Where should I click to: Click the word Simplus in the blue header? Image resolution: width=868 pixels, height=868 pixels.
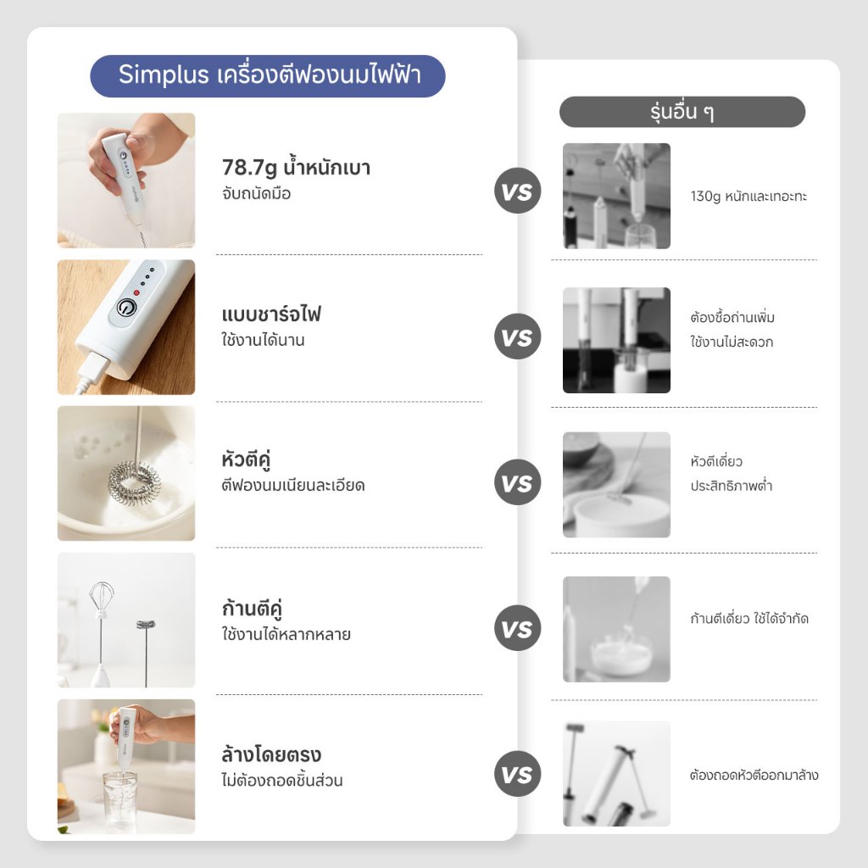(x=164, y=75)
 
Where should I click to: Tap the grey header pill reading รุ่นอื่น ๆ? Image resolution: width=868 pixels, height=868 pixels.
(x=682, y=112)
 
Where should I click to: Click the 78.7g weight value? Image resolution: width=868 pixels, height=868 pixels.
(x=249, y=167)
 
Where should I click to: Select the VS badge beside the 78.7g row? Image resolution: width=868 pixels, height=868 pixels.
(x=517, y=191)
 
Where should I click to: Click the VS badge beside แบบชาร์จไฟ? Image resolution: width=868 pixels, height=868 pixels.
(x=517, y=337)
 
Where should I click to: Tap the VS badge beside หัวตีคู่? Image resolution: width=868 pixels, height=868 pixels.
(x=517, y=482)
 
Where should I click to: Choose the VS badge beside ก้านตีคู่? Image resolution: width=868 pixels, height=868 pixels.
(x=517, y=628)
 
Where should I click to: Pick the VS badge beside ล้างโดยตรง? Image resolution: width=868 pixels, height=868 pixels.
(x=517, y=774)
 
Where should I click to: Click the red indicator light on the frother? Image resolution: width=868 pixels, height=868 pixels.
(x=136, y=292)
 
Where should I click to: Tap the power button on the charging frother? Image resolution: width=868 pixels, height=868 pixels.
(x=126, y=308)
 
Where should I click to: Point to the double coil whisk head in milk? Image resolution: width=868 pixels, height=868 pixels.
(x=135, y=479)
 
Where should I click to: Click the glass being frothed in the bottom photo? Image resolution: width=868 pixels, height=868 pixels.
(x=119, y=802)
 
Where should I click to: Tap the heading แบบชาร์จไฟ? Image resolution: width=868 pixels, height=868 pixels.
(x=271, y=314)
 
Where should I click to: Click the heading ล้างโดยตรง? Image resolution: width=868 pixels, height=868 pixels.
(x=271, y=754)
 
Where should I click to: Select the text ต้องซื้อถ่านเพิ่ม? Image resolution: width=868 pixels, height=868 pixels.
(x=732, y=317)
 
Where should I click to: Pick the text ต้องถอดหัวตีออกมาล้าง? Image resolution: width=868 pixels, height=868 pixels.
(x=754, y=775)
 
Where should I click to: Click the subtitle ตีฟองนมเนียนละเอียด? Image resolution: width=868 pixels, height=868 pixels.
(x=292, y=485)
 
